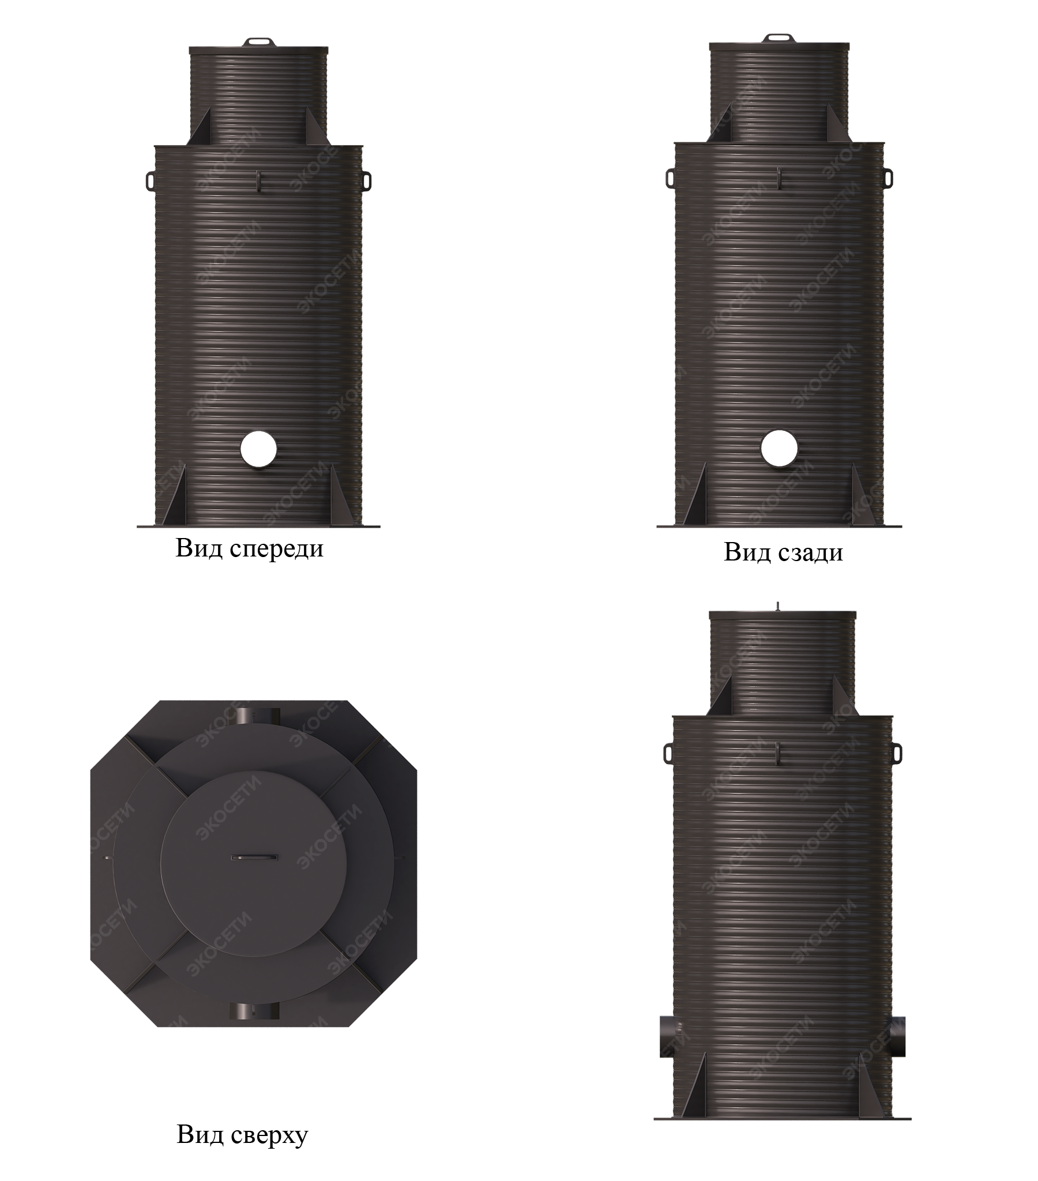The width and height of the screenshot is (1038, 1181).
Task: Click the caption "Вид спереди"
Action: (249, 548)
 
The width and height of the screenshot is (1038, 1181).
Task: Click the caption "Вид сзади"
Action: (783, 552)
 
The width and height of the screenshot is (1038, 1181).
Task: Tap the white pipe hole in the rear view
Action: (779, 449)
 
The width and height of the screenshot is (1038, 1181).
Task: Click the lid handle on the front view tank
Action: (258, 42)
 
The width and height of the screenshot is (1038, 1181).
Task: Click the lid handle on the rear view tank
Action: (779, 39)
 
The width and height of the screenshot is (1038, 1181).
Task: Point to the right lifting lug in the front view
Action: (366, 179)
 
